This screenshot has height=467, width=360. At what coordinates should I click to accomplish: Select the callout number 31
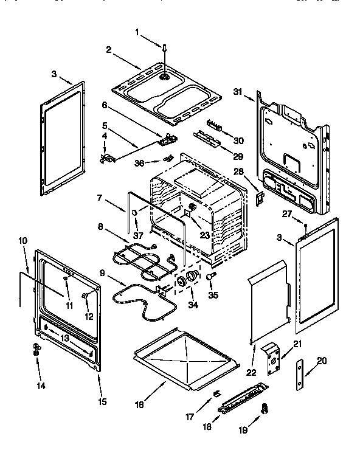click(x=238, y=91)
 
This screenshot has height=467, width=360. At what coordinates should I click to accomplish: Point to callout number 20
click(x=322, y=360)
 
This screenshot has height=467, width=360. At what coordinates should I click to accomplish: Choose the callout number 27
click(x=287, y=213)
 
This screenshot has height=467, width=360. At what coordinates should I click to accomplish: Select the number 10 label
click(x=23, y=241)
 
